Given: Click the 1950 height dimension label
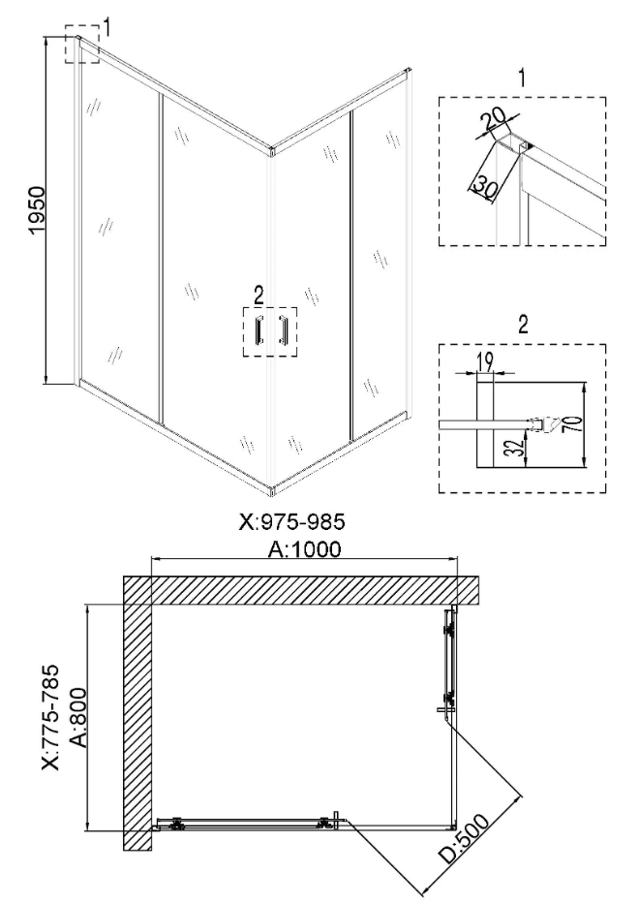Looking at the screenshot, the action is [38, 209].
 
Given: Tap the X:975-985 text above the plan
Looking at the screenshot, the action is [291, 521].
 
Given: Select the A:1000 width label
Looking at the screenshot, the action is [305, 548].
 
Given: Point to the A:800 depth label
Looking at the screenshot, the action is [76, 718].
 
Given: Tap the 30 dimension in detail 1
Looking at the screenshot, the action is [483, 186].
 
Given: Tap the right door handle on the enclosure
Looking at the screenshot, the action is [283, 330].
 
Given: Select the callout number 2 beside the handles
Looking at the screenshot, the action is [259, 296].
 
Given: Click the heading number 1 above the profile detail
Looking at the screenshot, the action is [522, 78].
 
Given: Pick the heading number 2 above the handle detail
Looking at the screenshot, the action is [523, 325].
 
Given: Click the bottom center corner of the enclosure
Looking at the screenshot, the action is [272, 490].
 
